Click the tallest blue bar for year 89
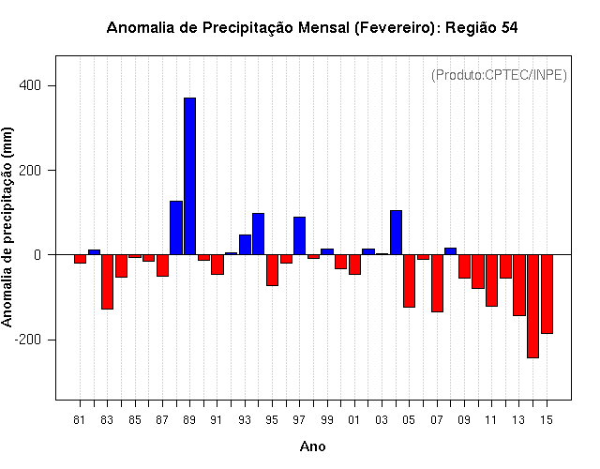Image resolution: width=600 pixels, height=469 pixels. (x=189, y=176)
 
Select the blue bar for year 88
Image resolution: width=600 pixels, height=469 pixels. (x=176, y=228)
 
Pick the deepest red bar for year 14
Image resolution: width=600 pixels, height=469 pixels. (x=533, y=307)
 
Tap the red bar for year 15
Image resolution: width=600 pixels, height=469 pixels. (x=547, y=294)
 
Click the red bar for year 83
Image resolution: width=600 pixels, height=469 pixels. (x=108, y=281)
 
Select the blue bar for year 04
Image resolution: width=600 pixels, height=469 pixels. (x=396, y=233)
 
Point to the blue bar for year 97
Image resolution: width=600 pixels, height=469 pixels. (x=300, y=235)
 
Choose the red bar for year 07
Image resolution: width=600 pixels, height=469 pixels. (x=438, y=283)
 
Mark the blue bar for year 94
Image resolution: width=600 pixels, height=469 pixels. (x=259, y=234)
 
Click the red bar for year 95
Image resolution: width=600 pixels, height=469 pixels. (x=273, y=270)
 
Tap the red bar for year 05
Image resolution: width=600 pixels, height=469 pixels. (x=410, y=281)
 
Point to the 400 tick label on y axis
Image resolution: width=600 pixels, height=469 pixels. (x=29, y=85)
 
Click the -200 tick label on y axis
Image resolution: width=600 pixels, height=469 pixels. (x=27, y=340)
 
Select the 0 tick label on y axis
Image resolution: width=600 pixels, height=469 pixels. (x=37, y=255)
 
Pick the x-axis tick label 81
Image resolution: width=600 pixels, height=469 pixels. (x=79, y=420)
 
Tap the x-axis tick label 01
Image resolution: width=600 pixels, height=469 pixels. (x=354, y=420)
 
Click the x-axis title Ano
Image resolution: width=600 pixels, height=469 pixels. (x=312, y=446)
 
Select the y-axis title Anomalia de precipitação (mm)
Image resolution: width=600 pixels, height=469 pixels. (x=7, y=227)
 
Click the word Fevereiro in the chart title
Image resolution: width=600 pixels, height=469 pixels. (x=394, y=28)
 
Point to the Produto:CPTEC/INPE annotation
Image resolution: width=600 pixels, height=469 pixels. (x=499, y=75)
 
